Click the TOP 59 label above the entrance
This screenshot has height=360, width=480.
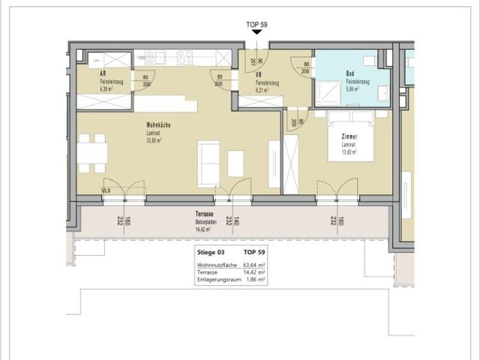(x=257, y=25)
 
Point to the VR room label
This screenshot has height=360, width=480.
(x=259, y=75)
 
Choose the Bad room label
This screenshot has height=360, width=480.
(x=349, y=73)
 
